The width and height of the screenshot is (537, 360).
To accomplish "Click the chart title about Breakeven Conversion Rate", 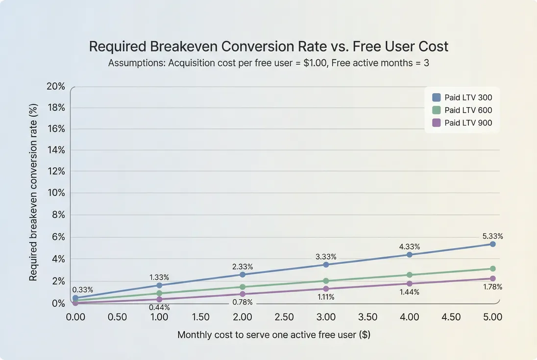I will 268,47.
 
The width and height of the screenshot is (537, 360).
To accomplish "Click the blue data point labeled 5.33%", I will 493,244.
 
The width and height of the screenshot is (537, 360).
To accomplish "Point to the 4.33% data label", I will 410,246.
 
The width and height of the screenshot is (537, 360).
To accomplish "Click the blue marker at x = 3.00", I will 326,264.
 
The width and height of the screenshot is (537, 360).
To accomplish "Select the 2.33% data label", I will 243,266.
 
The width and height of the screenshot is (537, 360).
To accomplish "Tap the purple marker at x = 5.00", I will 493,279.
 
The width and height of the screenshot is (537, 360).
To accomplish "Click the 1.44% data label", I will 410,292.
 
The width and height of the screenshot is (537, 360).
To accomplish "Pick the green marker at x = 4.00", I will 410,275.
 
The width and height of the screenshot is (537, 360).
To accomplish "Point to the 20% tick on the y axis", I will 55,86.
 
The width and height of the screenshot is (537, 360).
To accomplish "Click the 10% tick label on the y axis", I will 55,193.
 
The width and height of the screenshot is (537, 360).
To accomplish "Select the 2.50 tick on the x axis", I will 284,317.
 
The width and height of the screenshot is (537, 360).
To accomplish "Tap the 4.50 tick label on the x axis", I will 451,317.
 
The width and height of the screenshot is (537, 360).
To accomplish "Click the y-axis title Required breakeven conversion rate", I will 33,192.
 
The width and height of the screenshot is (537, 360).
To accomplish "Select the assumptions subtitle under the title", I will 268,63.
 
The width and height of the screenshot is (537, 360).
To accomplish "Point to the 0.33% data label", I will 82,289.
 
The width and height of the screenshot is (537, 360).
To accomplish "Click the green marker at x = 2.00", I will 243,287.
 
